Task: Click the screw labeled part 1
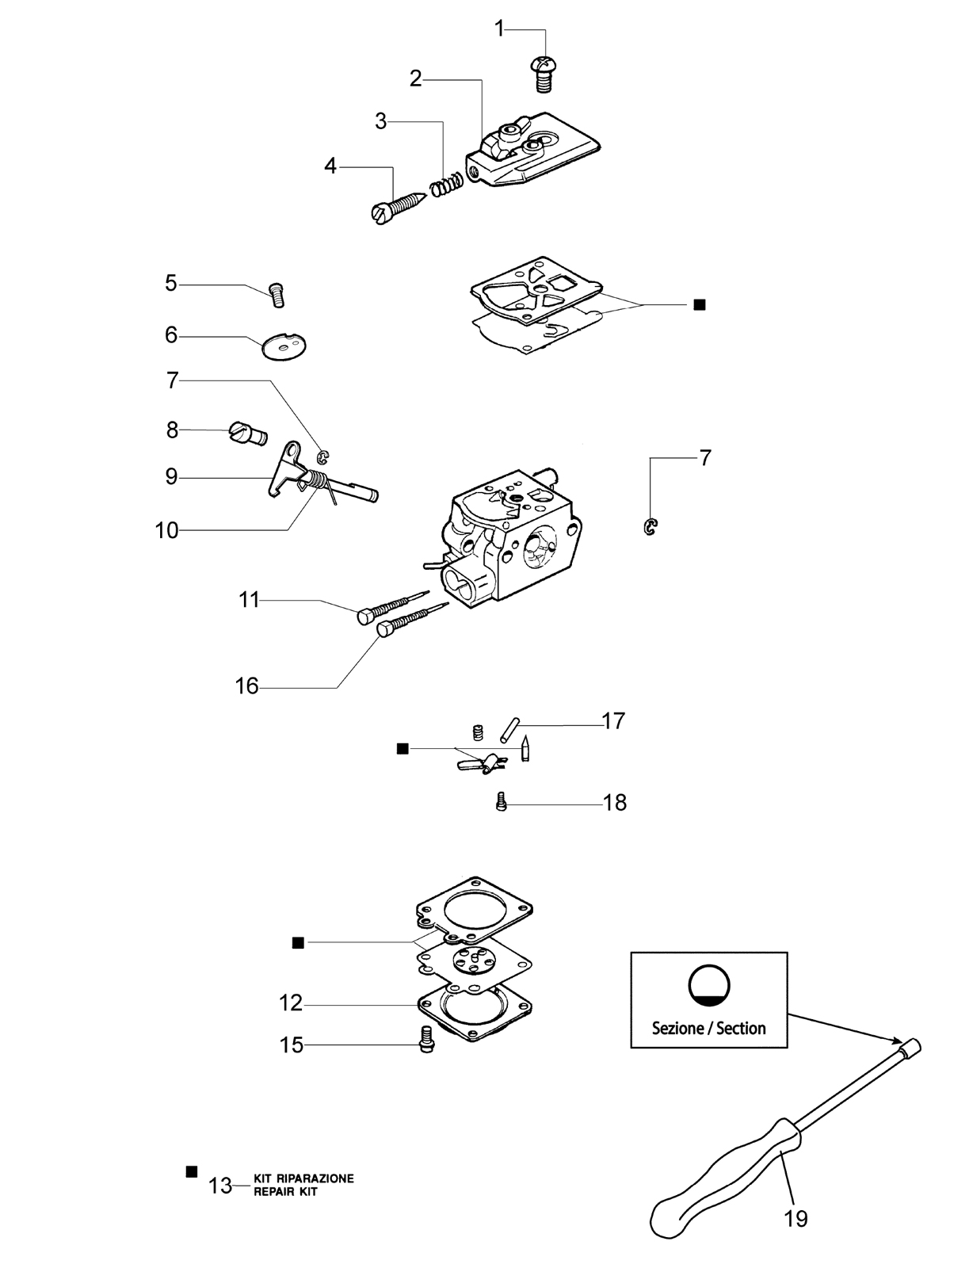(x=543, y=74)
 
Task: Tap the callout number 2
(x=415, y=78)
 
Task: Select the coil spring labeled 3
(x=447, y=185)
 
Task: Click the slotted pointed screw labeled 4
(x=399, y=207)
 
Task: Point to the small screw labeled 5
(x=277, y=295)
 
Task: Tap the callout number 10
(x=167, y=530)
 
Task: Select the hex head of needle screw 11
(x=366, y=617)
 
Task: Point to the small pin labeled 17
(x=509, y=730)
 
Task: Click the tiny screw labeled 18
(x=501, y=802)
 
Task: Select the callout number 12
(x=291, y=1003)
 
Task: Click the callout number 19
(x=796, y=1219)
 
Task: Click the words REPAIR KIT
(x=285, y=1192)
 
